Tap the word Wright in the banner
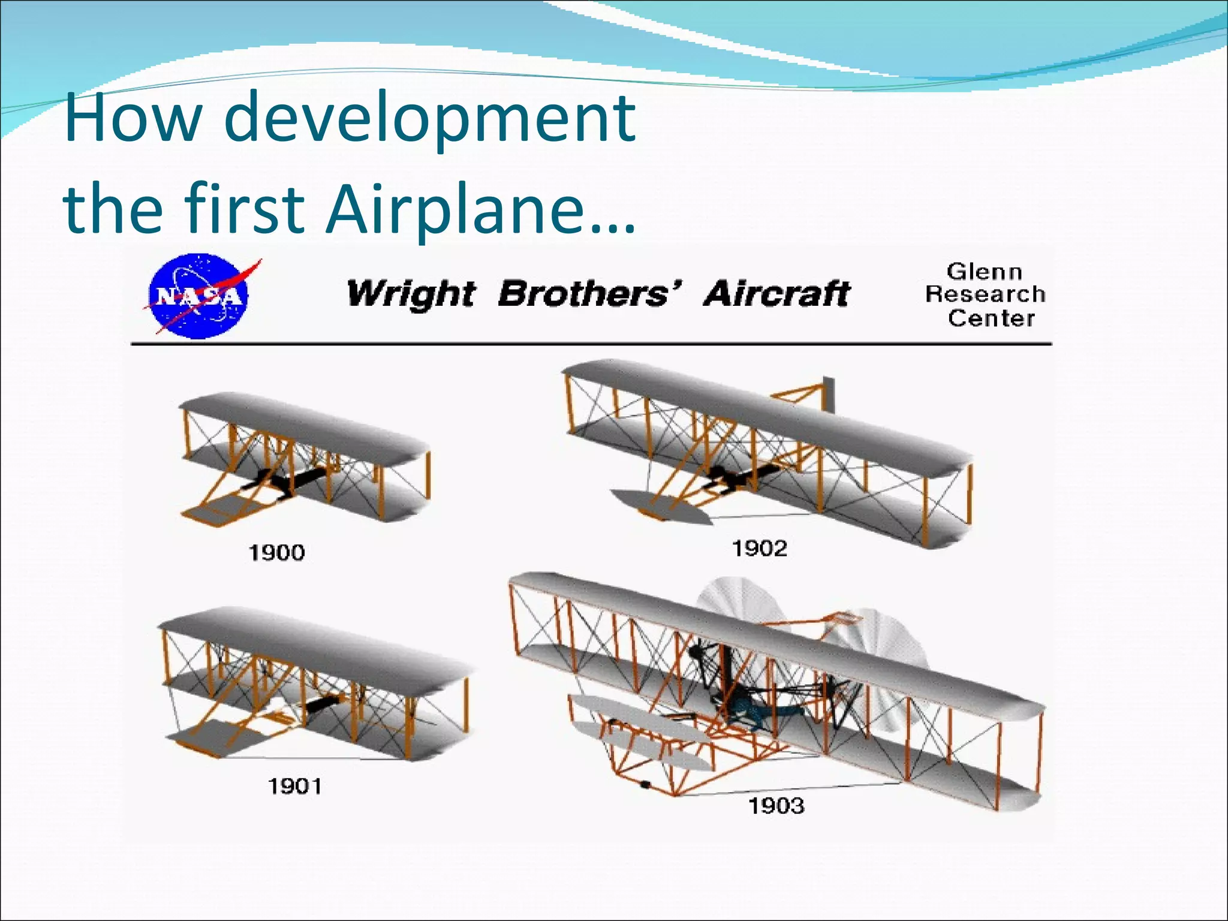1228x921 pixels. tap(411, 294)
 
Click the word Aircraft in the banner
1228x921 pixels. tap(776, 294)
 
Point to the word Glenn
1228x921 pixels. tap(984, 272)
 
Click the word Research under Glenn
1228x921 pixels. tap(985, 294)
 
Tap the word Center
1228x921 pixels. tap(991, 318)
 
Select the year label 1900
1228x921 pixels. tap(276, 552)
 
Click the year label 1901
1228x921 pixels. tap(294, 785)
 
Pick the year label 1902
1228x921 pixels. tap(759, 548)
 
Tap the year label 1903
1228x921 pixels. tap(776, 806)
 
